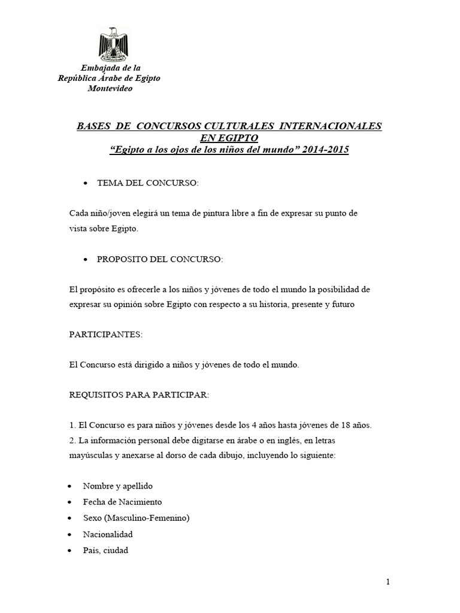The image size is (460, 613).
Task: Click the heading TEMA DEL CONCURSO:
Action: point(147,183)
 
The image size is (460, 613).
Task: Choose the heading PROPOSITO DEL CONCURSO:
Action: point(160,259)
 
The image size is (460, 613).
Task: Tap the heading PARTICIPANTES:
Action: point(106,335)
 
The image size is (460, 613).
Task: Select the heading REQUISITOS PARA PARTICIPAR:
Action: point(139,395)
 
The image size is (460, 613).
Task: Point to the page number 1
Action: point(388,582)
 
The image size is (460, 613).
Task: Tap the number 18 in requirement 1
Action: point(343,426)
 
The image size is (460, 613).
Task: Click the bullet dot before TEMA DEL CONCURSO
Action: point(87,183)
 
